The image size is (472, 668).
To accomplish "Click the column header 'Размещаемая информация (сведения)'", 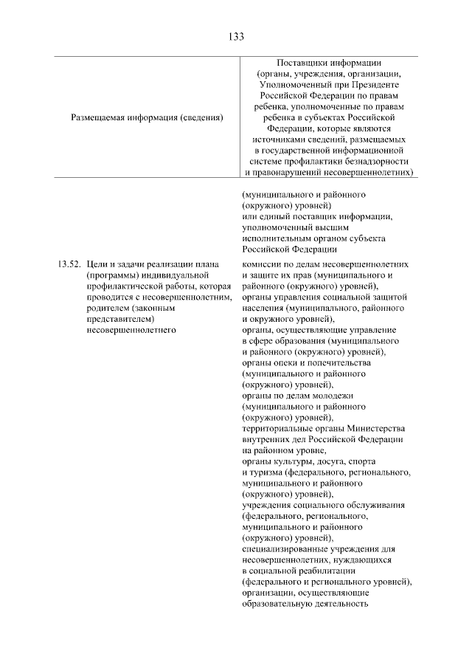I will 147,117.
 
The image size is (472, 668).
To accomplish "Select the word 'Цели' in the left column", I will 97,264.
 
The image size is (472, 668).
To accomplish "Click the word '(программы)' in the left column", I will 111,275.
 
